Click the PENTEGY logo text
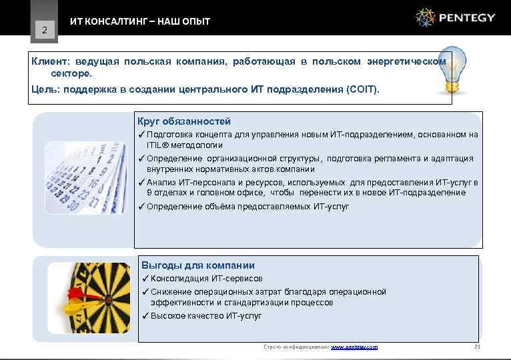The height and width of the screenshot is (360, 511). coord(468,18)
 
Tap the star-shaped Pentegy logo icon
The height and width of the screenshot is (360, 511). coord(425,17)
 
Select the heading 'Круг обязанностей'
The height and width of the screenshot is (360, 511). coord(184,121)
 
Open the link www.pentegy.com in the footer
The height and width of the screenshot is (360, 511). coord(354,347)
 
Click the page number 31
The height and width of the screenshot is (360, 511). coord(476,347)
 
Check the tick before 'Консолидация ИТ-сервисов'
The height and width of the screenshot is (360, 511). coord(144,278)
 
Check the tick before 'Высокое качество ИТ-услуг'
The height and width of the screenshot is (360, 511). coord(144,315)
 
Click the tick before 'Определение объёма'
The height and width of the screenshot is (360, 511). coord(141,206)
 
